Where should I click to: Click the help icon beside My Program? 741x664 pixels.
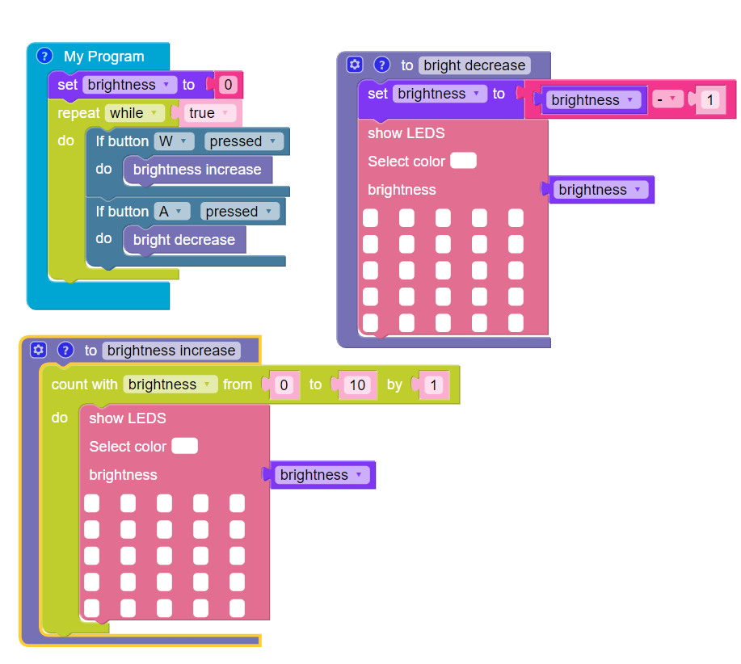pos(45,56)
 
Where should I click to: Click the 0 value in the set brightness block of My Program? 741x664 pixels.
pos(229,85)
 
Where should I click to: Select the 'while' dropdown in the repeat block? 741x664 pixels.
pos(134,113)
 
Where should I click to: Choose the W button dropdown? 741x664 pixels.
pos(175,141)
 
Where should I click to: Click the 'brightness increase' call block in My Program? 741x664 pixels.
pos(197,170)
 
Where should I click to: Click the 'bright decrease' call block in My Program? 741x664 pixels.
pos(184,240)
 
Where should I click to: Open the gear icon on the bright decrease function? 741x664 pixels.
pos(354,65)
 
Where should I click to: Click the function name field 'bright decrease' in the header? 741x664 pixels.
pos(474,65)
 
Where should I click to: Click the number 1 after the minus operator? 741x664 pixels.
pos(709,100)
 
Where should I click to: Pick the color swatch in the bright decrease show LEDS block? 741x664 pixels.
pos(463,161)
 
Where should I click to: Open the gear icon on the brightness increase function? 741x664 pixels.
pos(38,350)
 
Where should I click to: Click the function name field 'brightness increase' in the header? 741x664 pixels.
pos(171,351)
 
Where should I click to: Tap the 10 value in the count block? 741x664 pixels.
pos(356,385)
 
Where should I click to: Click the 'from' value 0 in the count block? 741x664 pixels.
pos(283,385)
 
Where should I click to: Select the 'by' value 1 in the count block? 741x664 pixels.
pos(433,385)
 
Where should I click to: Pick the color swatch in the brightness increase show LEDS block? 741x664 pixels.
pos(185,446)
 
